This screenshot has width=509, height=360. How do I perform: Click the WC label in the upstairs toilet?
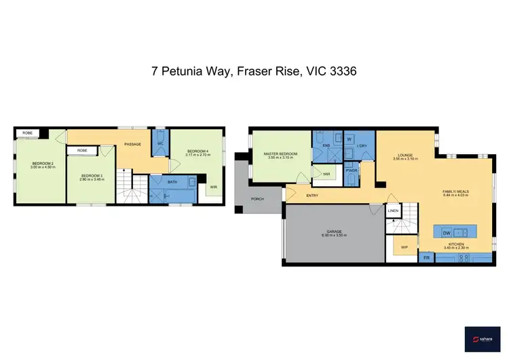(x=161, y=144)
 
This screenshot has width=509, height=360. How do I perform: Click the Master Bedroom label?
(x=280, y=154)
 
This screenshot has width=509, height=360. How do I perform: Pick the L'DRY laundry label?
(x=362, y=145)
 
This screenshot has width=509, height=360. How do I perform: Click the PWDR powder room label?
(x=352, y=170)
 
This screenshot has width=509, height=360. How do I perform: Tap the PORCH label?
(x=257, y=199)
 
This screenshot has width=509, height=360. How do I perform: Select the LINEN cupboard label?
(x=392, y=211)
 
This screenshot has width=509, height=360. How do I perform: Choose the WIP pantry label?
(x=404, y=247)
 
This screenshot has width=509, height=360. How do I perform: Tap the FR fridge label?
(x=427, y=257)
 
